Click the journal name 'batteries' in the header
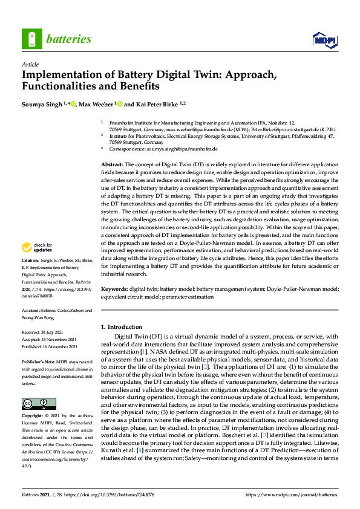pyautogui.click(x=69, y=39)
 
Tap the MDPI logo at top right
pyautogui.click(x=324, y=40)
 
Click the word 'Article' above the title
pyautogui.click(x=30, y=64)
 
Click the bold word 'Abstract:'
pyautogui.click(x=113, y=164)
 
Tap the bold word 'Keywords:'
pyautogui.click(x=114, y=290)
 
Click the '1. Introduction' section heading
pyautogui.click(x=122, y=327)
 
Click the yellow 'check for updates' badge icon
pyautogui.click(x=27, y=247)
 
